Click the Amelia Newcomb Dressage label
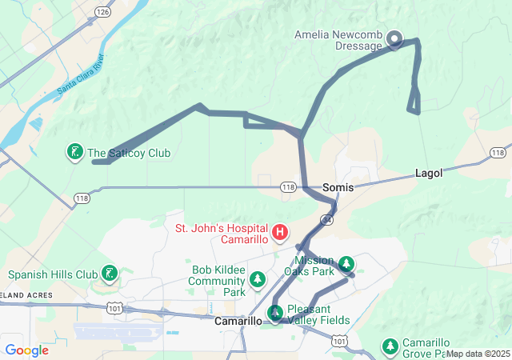tap(338, 40)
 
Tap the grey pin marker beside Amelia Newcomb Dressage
tap(394, 38)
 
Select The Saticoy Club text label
tap(129, 153)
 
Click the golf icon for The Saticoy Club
tap(74, 152)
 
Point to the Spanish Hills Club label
tap(53, 274)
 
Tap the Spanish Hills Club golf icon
tap(108, 274)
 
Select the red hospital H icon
tap(280, 233)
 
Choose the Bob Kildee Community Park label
tap(218, 281)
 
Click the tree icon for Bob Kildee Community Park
tap(257, 279)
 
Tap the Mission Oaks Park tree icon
tap(346, 263)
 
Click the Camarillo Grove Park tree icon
tap(390, 346)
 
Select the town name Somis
tap(338, 187)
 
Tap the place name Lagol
tap(429, 173)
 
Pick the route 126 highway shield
tap(101, 12)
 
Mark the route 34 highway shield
tap(326, 218)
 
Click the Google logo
tap(26, 350)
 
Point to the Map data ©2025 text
tap(478, 354)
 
